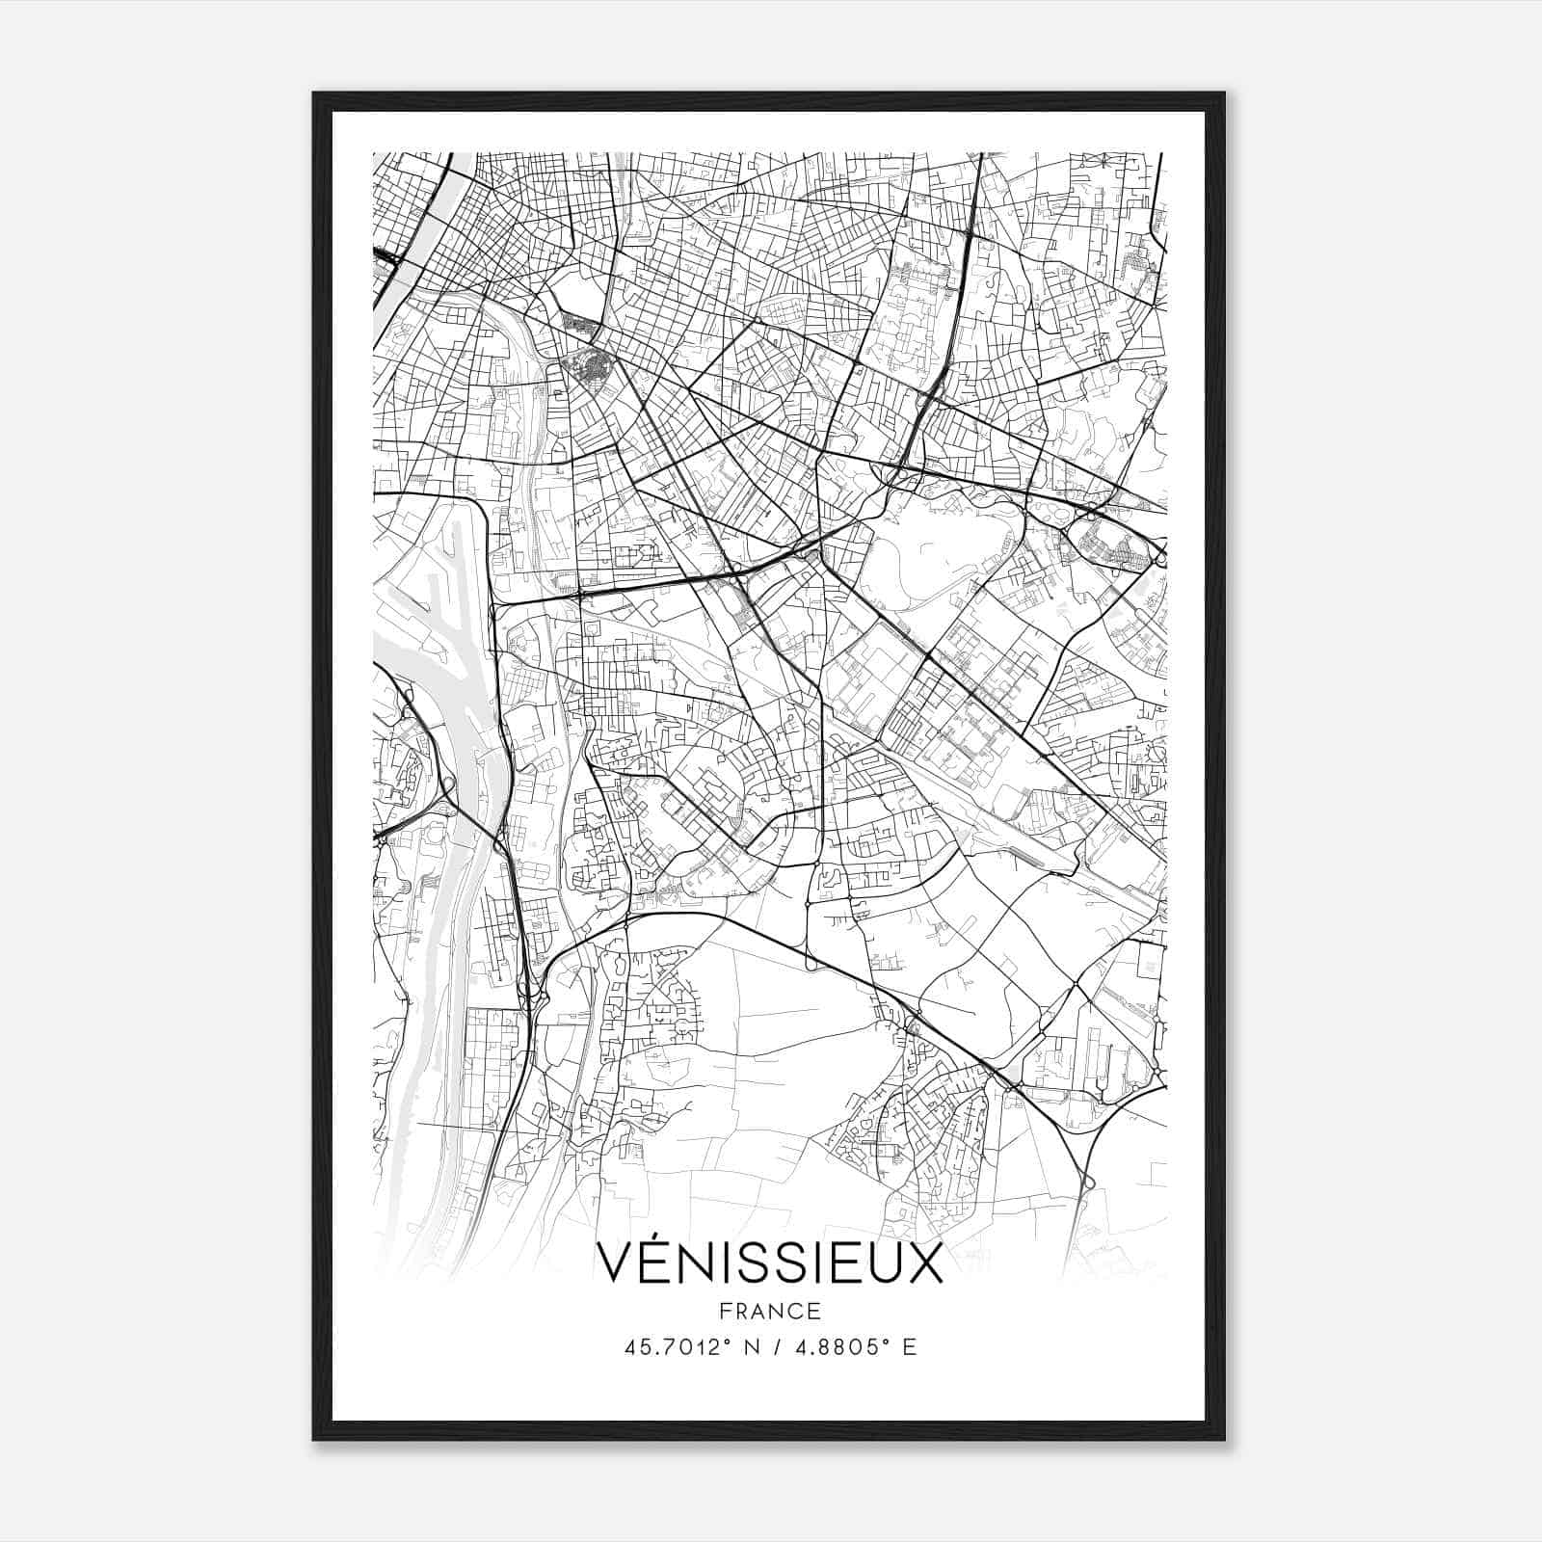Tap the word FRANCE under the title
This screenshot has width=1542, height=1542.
click(x=770, y=1311)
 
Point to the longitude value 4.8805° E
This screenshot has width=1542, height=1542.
click(x=852, y=1346)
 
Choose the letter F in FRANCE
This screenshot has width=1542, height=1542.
click(x=725, y=1311)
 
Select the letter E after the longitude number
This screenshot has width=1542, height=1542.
click(x=909, y=1346)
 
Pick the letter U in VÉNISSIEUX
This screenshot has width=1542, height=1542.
click(x=888, y=1262)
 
